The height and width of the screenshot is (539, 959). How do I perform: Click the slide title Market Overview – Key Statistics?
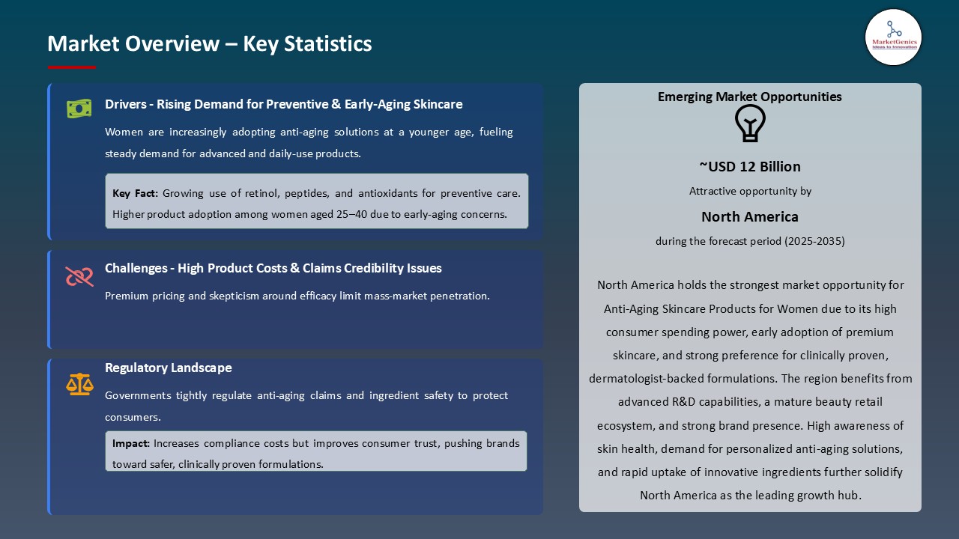click(x=209, y=43)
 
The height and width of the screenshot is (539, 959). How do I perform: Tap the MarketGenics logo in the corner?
click(x=893, y=37)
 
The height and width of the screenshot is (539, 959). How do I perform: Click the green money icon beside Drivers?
click(x=79, y=109)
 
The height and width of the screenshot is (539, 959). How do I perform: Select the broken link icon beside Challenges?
click(x=79, y=276)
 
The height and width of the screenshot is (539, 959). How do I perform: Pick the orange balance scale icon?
click(x=79, y=384)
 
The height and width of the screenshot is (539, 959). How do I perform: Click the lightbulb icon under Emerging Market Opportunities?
click(x=749, y=124)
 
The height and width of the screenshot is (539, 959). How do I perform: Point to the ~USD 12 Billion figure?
click(x=749, y=166)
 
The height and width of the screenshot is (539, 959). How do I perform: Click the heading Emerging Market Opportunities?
click(x=749, y=97)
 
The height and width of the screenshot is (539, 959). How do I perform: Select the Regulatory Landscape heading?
click(x=168, y=368)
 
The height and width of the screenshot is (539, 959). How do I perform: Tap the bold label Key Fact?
click(x=135, y=193)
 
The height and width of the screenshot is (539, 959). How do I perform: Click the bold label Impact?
click(x=131, y=443)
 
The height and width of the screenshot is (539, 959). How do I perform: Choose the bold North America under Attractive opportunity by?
click(x=749, y=216)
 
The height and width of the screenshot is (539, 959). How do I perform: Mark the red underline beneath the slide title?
click(x=72, y=67)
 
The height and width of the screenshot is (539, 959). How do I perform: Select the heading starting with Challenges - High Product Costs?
click(x=273, y=268)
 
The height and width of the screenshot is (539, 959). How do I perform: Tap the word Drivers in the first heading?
click(x=124, y=104)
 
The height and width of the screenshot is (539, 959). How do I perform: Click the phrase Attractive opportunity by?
click(x=749, y=191)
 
